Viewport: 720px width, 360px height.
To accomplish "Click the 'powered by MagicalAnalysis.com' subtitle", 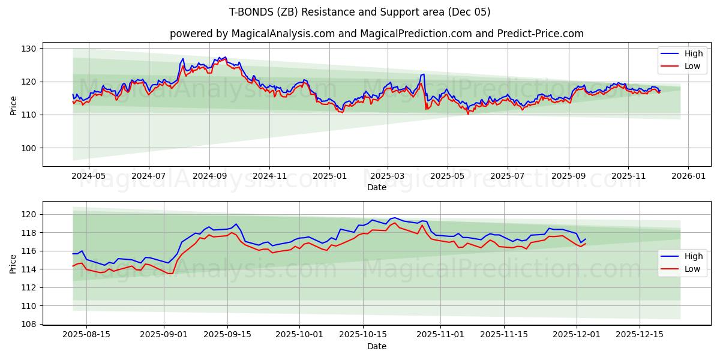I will click(376, 34).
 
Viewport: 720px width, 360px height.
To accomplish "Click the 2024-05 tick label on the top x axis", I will click(89, 177).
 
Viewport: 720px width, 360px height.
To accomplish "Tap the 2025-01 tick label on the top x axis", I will click(329, 177).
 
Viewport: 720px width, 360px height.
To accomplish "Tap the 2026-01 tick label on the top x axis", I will click(688, 177).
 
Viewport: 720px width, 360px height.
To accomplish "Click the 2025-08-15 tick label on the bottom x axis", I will click(86, 335).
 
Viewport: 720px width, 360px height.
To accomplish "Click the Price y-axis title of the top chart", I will click(13, 105).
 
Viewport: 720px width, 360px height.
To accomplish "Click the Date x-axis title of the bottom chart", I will click(376, 346).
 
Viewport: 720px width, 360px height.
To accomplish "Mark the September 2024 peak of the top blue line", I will click(225, 57).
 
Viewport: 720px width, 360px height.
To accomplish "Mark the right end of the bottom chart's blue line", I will click(586, 239).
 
